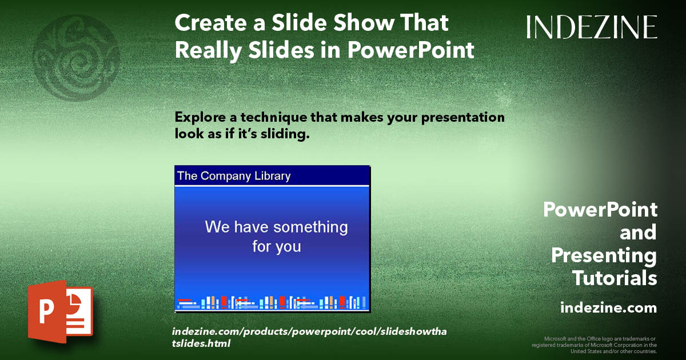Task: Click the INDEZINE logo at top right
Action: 592,27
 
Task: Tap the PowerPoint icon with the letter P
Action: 60,311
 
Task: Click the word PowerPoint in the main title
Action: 411,50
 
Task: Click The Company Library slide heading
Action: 234,176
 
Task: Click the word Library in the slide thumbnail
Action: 269,176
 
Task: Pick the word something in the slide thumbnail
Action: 310,227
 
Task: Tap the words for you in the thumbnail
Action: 276,247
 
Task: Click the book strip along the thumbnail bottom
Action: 272,302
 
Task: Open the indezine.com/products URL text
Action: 308,338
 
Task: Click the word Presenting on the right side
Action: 604,255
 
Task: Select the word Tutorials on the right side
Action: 615,278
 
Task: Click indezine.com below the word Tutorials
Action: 608,308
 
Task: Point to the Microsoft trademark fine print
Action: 594,345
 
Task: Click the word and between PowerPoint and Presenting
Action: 638,233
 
